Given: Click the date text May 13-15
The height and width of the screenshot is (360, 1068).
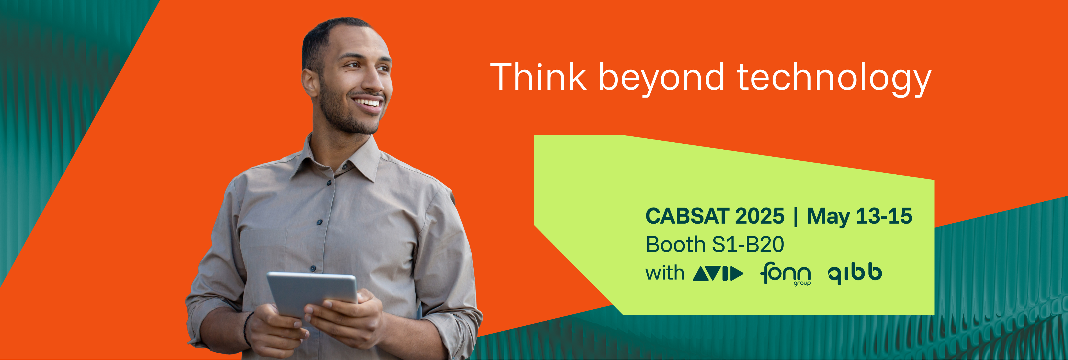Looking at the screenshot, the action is pos(859,217).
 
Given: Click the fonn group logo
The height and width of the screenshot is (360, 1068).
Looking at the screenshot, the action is pos(785,274).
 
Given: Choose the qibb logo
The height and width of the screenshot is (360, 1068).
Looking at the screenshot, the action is pos(854,274).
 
